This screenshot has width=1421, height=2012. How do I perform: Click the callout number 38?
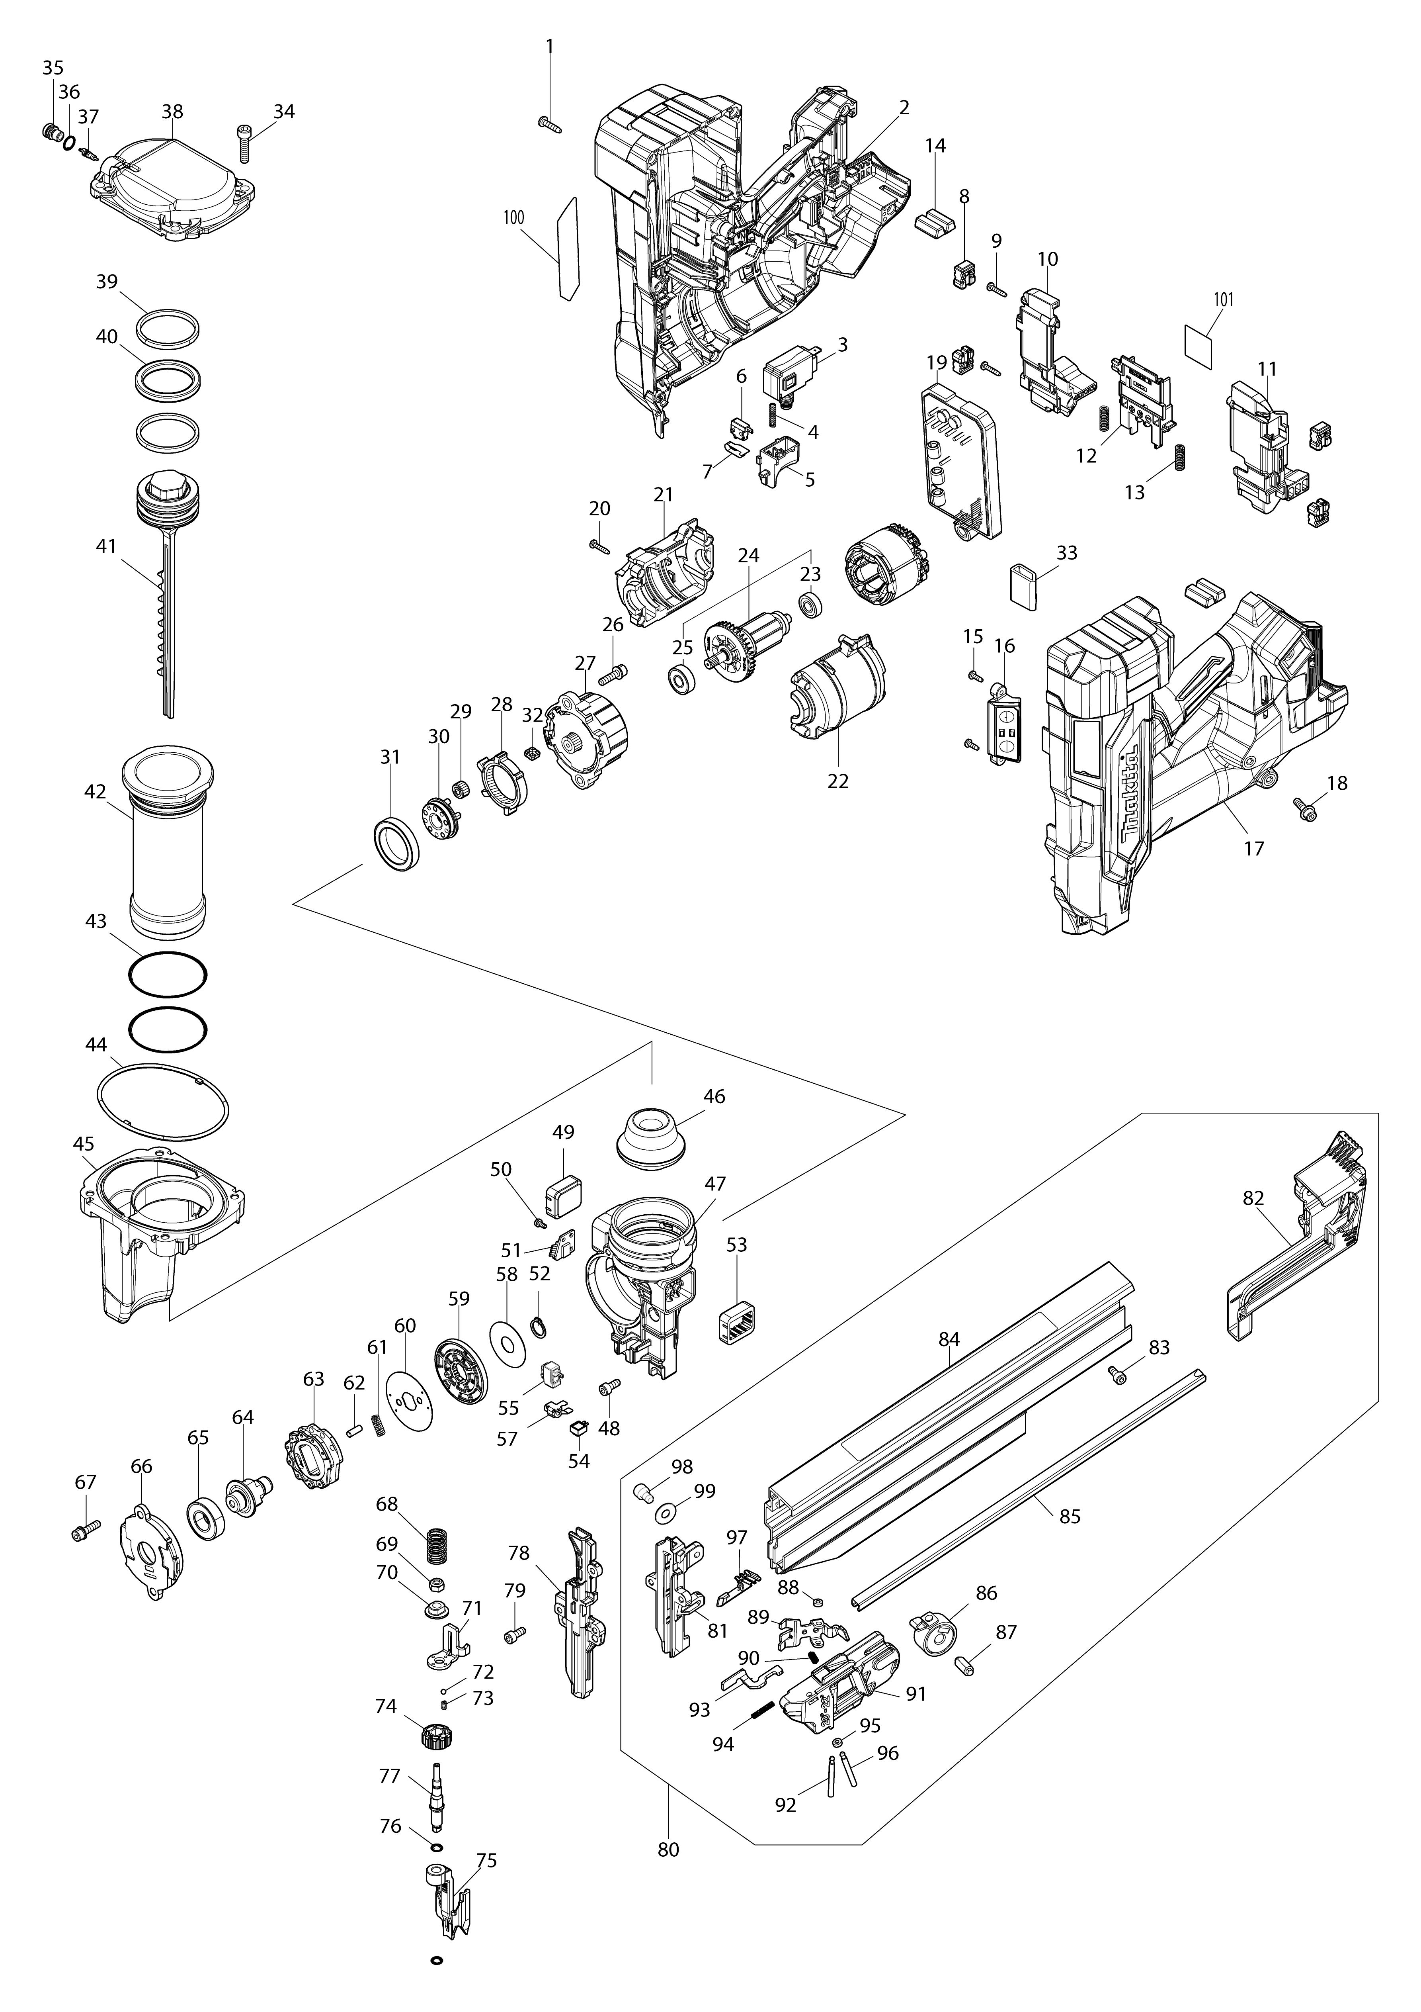(x=173, y=112)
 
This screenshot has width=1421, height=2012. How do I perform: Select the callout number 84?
(x=949, y=1339)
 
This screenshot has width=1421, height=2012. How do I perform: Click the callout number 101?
(x=1224, y=300)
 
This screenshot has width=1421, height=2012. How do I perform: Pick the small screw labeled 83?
(x=1118, y=1376)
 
